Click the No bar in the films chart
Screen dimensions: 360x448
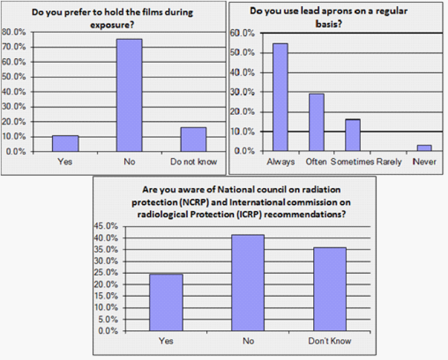(129, 95)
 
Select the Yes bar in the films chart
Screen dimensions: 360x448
(65, 143)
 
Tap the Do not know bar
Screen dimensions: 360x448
(193, 139)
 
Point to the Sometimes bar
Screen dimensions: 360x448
(352, 135)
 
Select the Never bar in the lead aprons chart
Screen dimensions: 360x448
(425, 148)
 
